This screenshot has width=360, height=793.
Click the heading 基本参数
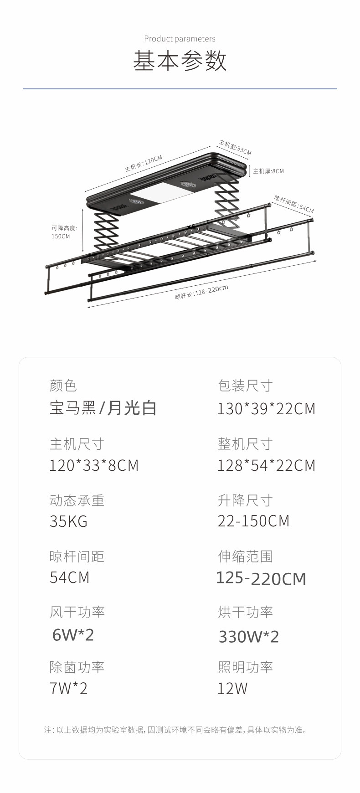[180, 61]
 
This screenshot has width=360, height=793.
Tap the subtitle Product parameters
[180, 39]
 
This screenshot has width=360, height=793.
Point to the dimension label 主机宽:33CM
[235, 147]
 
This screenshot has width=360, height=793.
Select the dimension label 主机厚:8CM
[268, 171]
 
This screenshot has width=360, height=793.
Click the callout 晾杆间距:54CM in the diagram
[294, 204]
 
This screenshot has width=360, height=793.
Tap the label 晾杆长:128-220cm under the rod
[201, 292]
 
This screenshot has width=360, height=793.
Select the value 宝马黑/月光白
[103, 408]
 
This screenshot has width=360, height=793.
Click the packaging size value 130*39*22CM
[266, 409]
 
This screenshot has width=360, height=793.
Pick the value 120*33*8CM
[94, 465]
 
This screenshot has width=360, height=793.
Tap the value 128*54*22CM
[266, 465]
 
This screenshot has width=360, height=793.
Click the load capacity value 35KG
[68, 521]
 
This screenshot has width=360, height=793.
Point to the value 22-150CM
[253, 521]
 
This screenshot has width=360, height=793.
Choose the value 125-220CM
[261, 578]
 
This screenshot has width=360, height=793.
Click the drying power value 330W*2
[249, 636]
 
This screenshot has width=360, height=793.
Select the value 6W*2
[73, 634]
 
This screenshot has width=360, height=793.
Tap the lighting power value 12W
[232, 688]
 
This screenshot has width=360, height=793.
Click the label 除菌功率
[77, 667]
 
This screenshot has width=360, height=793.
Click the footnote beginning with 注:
[176, 730]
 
